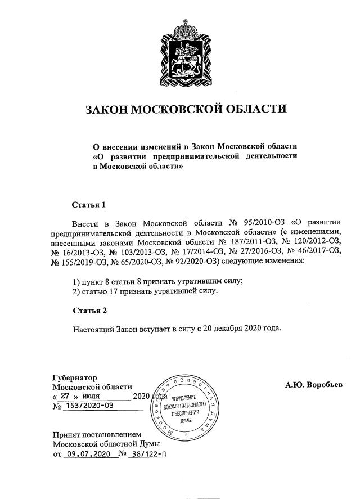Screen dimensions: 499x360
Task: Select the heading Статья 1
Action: (x=89, y=204)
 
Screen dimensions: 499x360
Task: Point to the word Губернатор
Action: (x=75, y=377)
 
